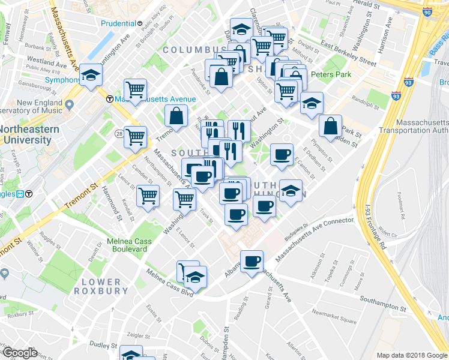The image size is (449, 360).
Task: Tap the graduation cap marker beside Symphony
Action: [x=91, y=75]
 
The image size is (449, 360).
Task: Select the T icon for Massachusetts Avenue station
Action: [x=109, y=99]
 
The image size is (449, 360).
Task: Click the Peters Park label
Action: [x=330, y=75]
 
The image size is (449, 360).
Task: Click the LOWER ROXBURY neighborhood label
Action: [x=101, y=286]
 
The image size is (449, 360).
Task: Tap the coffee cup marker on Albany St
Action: [x=252, y=261]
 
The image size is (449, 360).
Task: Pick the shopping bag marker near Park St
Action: [x=330, y=126]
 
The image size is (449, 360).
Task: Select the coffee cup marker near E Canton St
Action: [x=281, y=155]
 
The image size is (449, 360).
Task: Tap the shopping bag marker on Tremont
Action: [x=178, y=116]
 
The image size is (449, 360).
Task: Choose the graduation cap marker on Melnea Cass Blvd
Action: [x=195, y=277]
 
